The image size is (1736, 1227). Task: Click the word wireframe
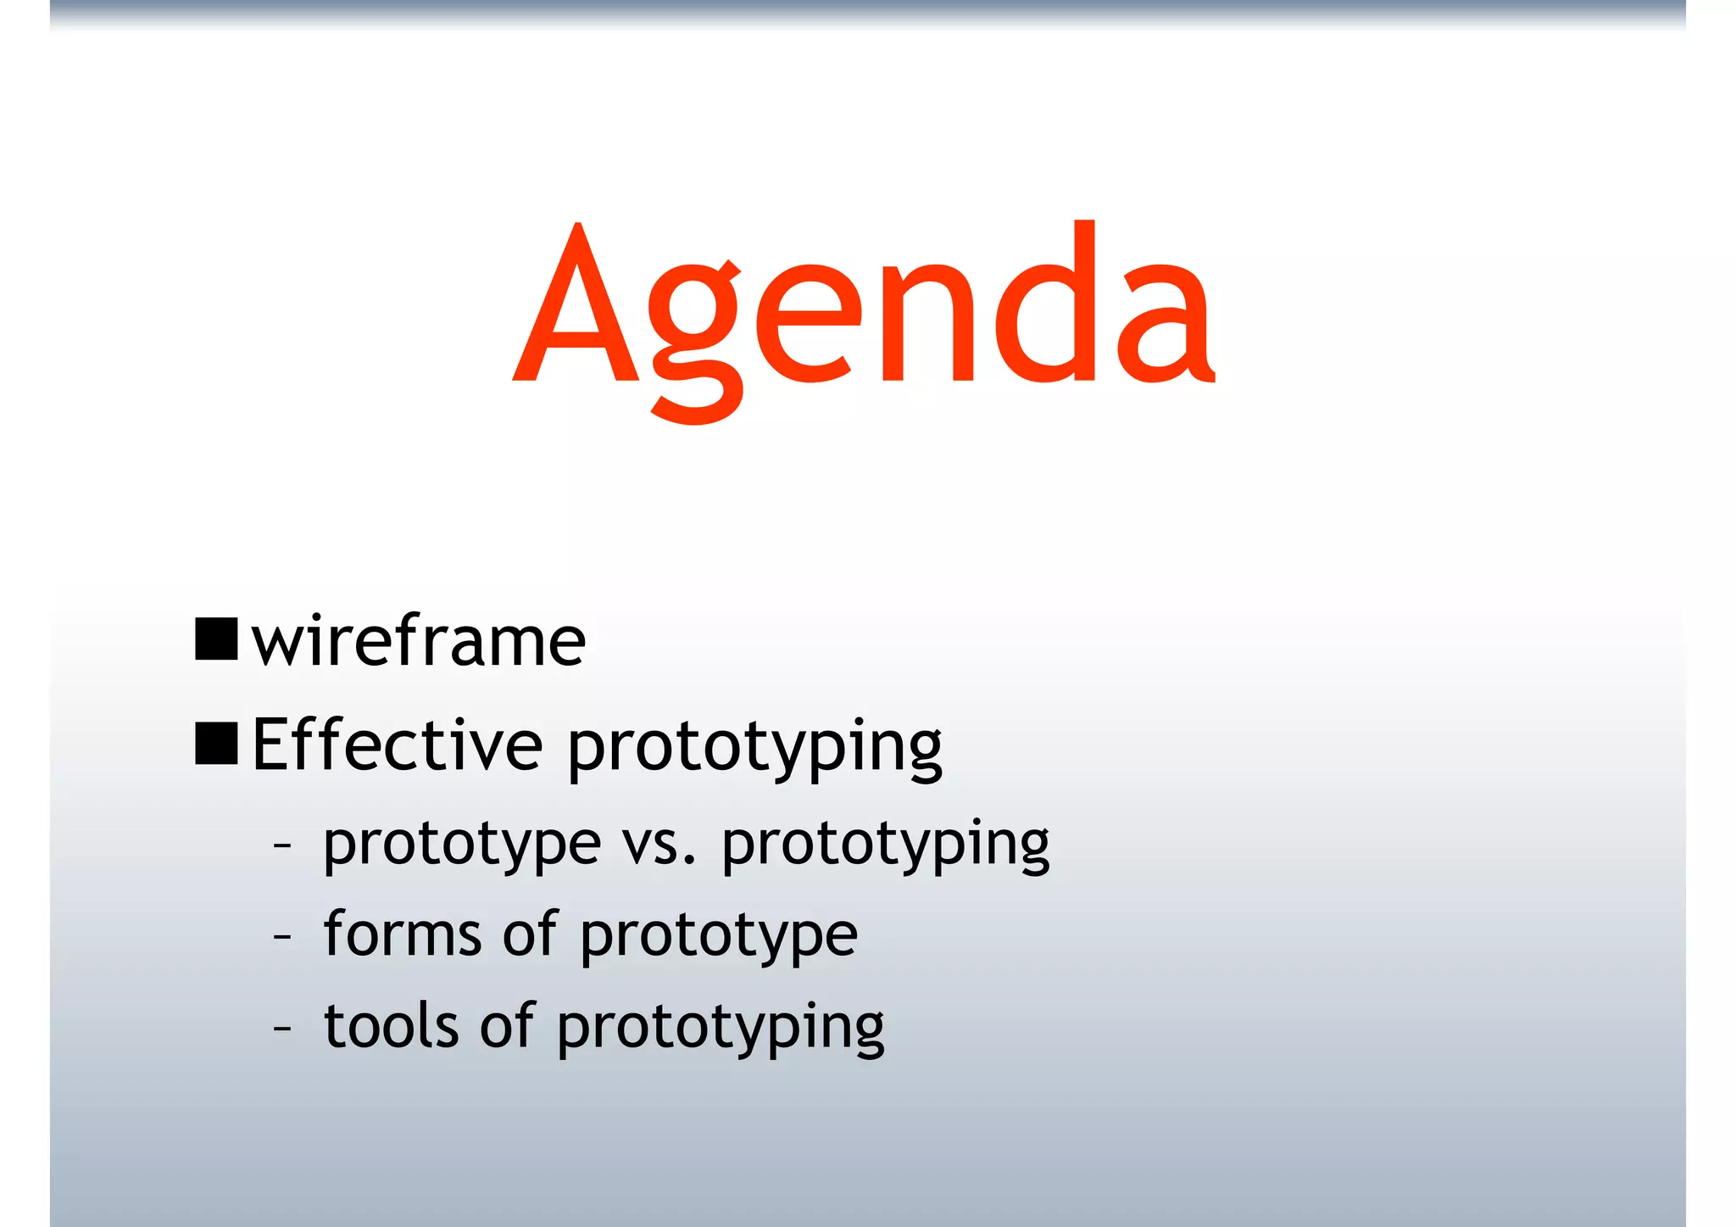(x=419, y=642)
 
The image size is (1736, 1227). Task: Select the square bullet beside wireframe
(x=216, y=639)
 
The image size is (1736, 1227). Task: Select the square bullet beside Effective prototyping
(x=216, y=744)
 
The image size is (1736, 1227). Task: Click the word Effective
(x=397, y=745)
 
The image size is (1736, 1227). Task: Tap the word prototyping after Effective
(x=754, y=748)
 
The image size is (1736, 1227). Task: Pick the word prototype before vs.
(x=462, y=846)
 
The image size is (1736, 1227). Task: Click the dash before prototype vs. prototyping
(x=282, y=845)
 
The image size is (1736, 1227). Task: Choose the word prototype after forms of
(x=719, y=938)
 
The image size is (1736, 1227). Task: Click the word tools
(x=392, y=1025)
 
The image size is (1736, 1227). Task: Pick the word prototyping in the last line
(x=721, y=1029)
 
